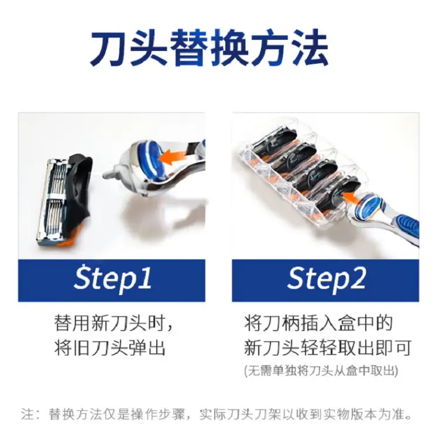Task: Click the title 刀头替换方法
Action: pos(209,47)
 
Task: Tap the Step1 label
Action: pos(112,279)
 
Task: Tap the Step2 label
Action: pos(327,279)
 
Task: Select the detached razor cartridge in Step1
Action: pos(65,200)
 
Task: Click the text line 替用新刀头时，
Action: pos(114,323)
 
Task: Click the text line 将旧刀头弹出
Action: pos(109,348)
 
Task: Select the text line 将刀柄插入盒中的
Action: pos(318,323)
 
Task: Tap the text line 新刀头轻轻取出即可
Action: pos(328,348)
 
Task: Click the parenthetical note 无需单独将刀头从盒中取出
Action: pos(321,371)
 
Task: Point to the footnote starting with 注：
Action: pos(216,414)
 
